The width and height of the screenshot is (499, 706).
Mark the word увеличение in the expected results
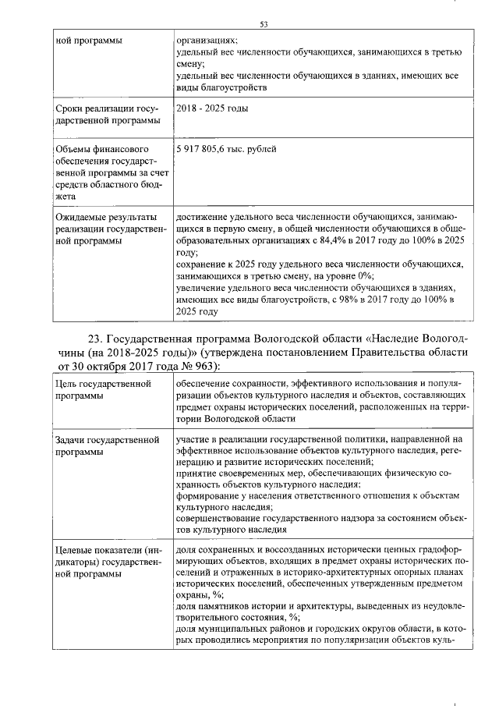[204, 288]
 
